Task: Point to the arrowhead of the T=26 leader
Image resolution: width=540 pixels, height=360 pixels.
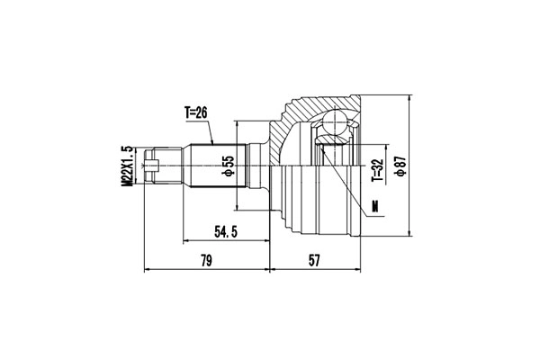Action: click(x=213, y=144)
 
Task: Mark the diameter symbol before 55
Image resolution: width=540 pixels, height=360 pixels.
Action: click(x=229, y=173)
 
